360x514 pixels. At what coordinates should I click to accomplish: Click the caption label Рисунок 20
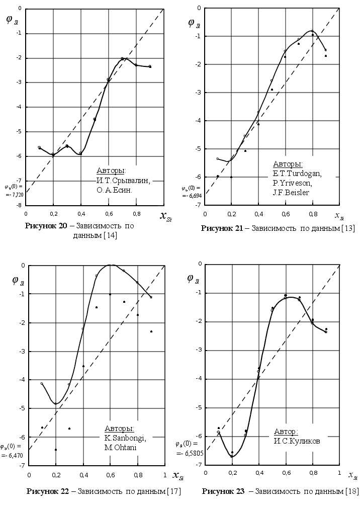tap(45, 226)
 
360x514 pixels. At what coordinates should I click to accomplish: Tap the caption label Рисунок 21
tap(221, 228)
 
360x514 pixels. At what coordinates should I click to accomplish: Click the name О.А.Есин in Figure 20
tap(114, 191)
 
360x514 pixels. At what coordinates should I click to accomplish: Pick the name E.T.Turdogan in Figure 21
tap(297, 174)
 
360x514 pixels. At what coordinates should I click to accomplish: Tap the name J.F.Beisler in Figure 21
tap(291, 192)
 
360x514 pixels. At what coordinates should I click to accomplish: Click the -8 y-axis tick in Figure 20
tap(19, 205)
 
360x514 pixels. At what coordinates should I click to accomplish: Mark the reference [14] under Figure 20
tap(110, 235)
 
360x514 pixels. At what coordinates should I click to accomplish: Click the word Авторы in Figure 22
tap(119, 429)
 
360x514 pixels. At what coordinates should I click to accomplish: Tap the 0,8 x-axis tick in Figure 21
tap(312, 214)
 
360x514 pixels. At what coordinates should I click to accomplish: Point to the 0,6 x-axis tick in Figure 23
tap(286, 473)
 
